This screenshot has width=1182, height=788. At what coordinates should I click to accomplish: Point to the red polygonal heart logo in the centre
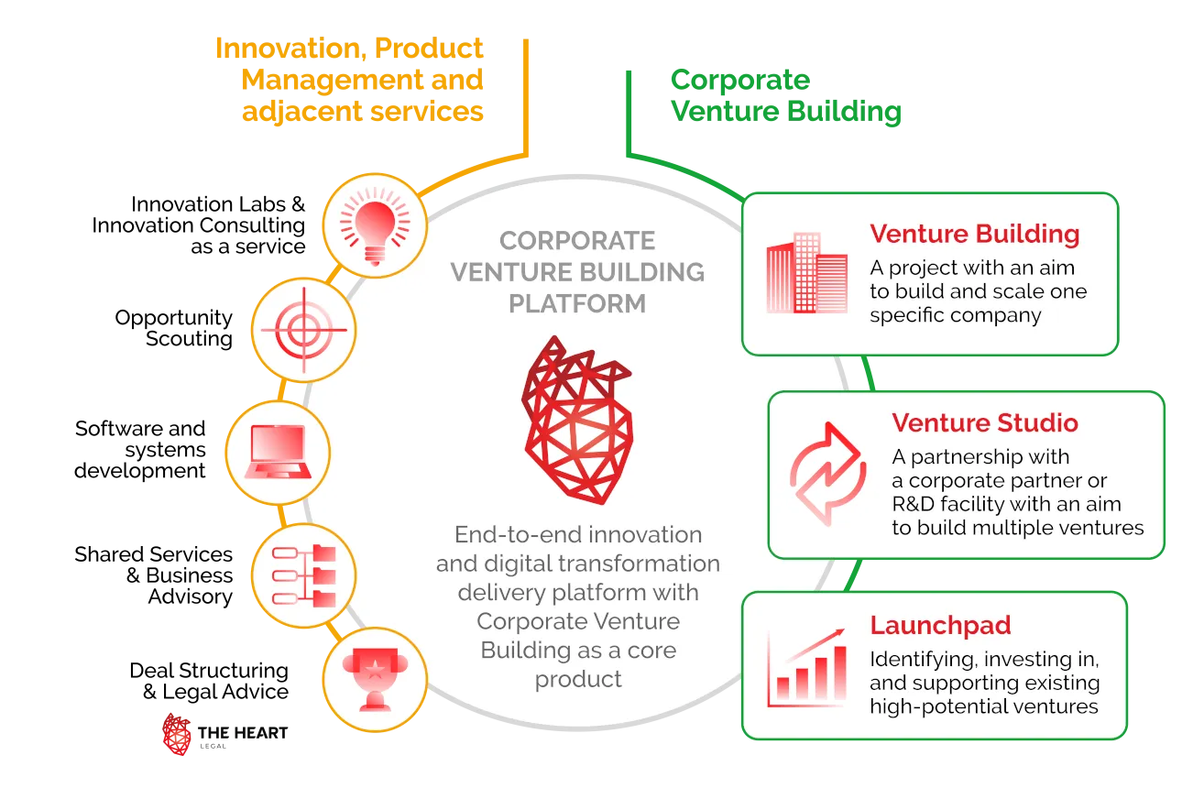click(573, 420)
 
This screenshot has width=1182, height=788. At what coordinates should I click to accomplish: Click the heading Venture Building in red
click(974, 234)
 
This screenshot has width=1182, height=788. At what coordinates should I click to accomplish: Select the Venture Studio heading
click(984, 423)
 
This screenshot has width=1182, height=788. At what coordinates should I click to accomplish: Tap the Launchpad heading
click(940, 626)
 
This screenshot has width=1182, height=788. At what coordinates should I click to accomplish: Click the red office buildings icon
click(806, 273)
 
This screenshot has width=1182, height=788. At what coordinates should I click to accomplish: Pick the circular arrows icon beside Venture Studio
click(827, 473)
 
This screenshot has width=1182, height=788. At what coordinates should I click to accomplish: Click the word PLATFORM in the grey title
click(577, 303)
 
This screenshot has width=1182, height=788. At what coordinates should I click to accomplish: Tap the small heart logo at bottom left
click(176, 734)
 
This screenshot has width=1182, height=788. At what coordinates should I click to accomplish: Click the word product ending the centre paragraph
click(577, 679)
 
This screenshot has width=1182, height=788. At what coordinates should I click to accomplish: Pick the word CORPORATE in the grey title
click(577, 241)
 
